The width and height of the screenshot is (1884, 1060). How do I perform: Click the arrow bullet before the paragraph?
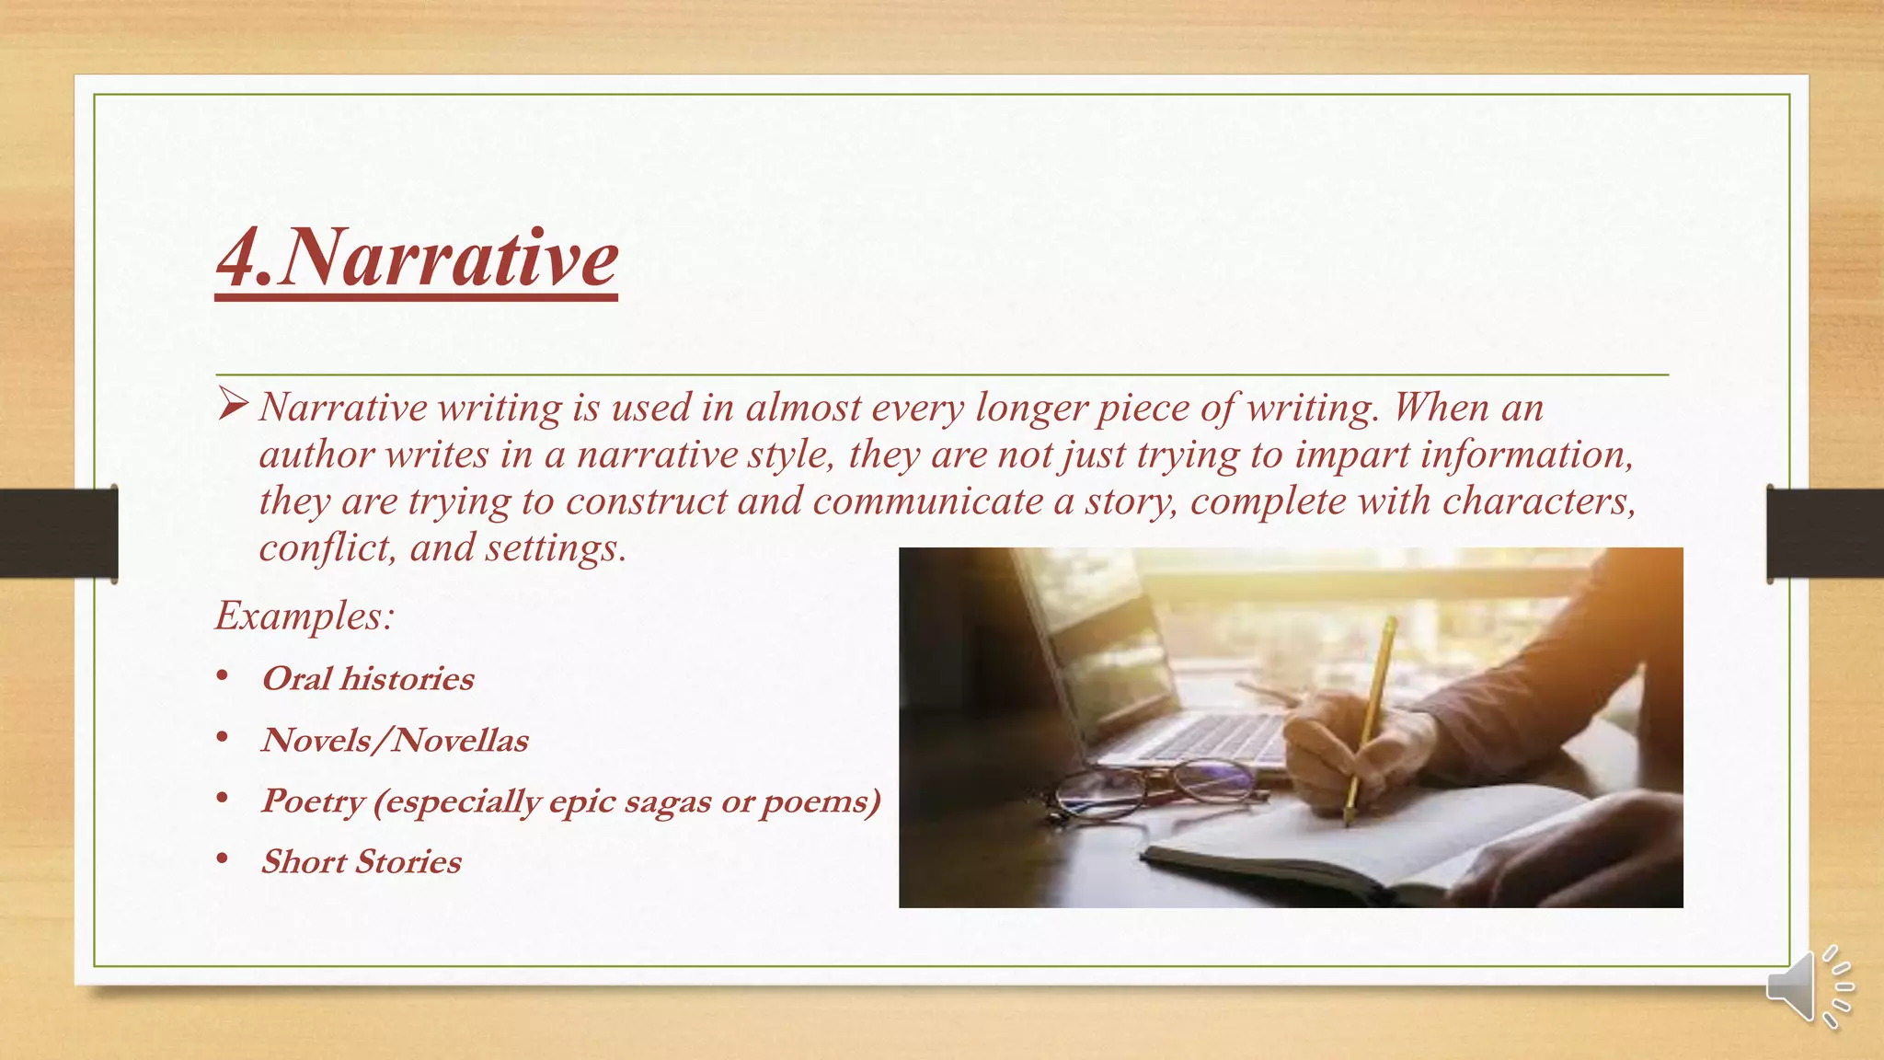tap(233, 404)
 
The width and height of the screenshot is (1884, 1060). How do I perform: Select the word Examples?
tap(304, 615)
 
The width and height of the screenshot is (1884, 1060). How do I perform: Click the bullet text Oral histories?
tap(367, 679)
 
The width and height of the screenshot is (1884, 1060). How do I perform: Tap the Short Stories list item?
tap(361, 862)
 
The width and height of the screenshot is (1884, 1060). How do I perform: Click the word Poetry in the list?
tap(313, 801)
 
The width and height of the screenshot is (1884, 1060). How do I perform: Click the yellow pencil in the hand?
tap(1371, 709)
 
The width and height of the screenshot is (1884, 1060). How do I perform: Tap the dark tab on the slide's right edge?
tap(1825, 533)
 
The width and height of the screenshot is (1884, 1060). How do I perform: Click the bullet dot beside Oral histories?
tap(222, 677)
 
